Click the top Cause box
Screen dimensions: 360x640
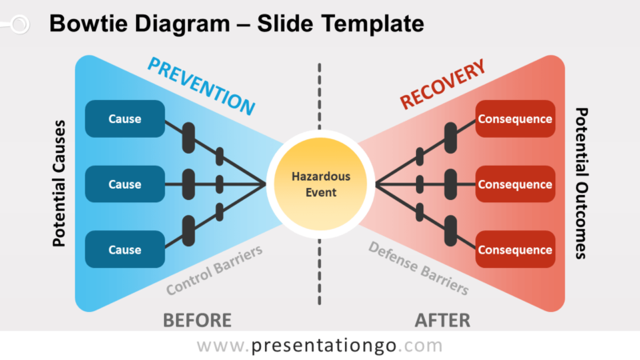125,119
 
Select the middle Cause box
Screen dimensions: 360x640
125,185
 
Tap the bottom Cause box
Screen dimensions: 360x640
125,250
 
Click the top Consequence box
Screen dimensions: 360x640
515,119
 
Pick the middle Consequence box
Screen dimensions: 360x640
515,185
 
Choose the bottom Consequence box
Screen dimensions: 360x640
515,250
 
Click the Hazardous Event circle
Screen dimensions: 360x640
320,184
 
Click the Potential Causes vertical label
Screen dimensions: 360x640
58,183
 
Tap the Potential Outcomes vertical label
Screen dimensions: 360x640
581,183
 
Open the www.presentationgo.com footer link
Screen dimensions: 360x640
319,346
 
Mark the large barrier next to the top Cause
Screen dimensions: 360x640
189,138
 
